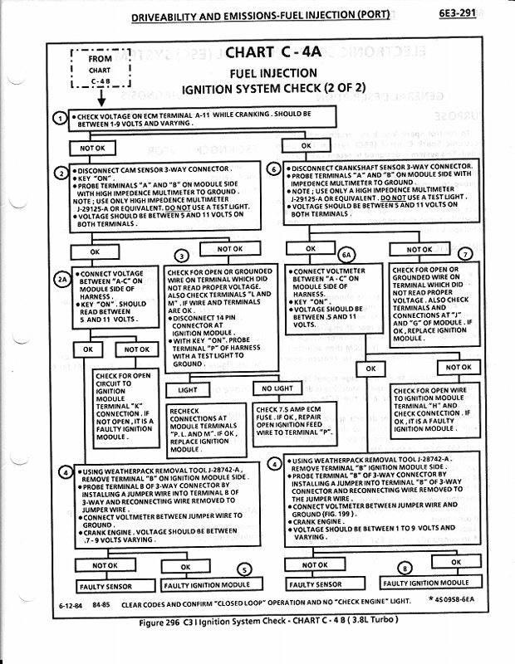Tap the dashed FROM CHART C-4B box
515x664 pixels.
click(101, 70)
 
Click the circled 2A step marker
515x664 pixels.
click(62, 279)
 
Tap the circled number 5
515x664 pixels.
click(244, 569)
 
